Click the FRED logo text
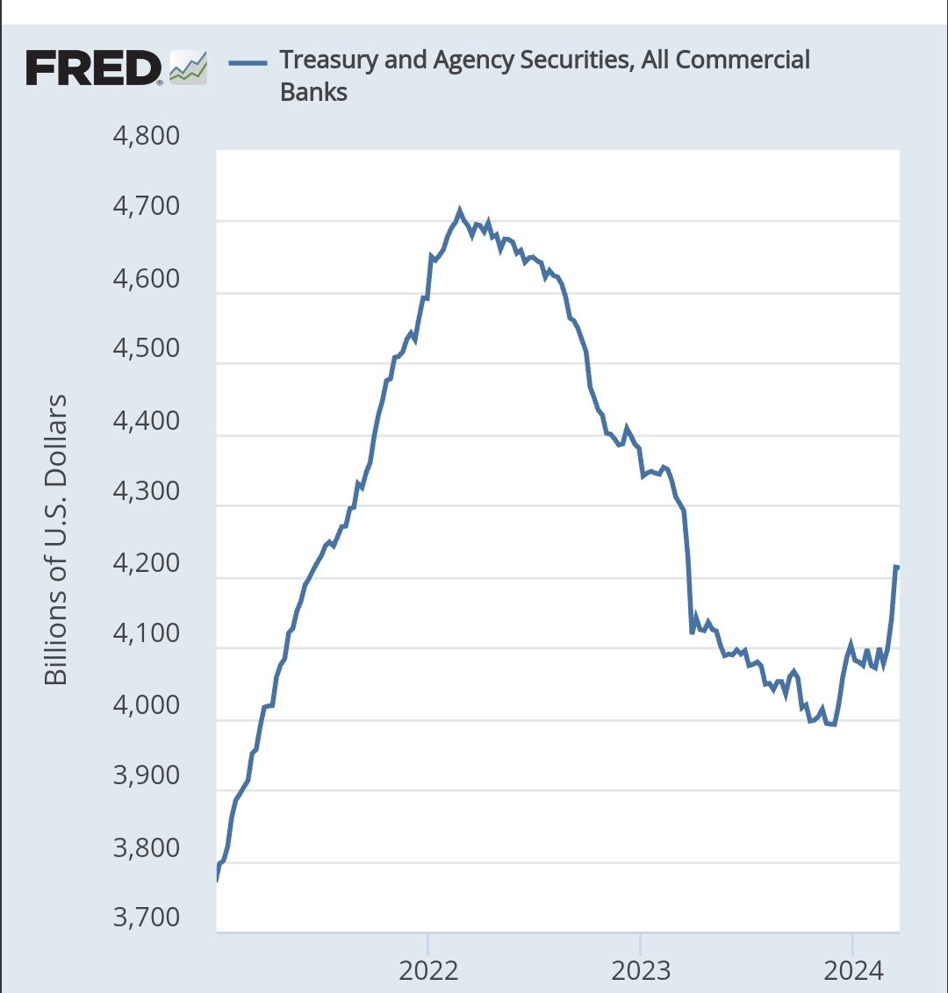click(x=93, y=68)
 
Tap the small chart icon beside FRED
click(x=188, y=68)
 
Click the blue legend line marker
click(x=247, y=61)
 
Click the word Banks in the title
click(x=313, y=92)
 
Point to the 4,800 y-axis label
click(x=147, y=136)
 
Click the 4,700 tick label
click(x=147, y=207)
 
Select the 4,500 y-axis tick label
click(x=147, y=348)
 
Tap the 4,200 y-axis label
click(x=147, y=562)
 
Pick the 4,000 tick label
click(x=147, y=704)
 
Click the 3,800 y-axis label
click(x=147, y=847)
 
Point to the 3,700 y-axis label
click(x=147, y=918)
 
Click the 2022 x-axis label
click(x=428, y=970)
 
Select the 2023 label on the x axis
click(x=641, y=970)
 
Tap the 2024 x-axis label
click(x=853, y=970)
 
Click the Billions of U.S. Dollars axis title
click(x=56, y=539)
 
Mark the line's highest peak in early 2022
click(x=459, y=211)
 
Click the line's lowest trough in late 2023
click(x=833, y=725)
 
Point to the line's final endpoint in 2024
click(x=897, y=567)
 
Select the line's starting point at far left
click(x=217, y=878)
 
